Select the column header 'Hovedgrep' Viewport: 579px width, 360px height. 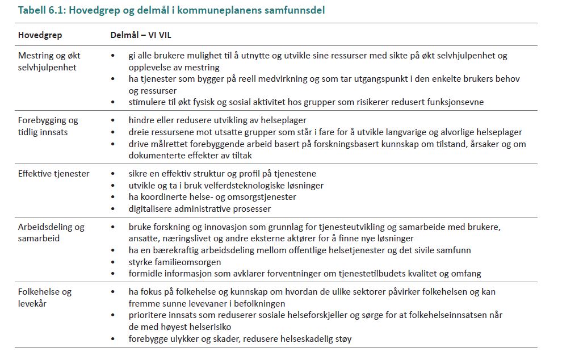point(40,35)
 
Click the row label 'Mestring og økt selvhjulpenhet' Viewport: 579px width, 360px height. point(49,61)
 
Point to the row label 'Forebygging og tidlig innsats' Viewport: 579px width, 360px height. point(48,126)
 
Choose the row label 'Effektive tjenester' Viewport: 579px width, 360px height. point(54,174)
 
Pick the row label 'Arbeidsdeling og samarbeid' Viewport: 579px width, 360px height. point(51,232)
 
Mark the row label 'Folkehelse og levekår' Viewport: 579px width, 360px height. point(45,297)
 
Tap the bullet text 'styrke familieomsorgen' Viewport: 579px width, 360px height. point(175,262)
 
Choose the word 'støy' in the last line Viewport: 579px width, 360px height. point(343,339)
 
